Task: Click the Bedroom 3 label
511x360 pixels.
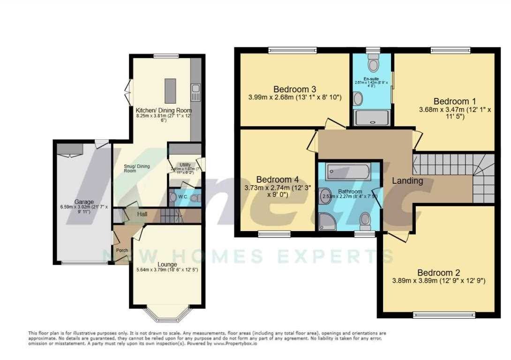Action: point(294,89)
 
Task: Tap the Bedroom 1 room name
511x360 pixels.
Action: point(451,101)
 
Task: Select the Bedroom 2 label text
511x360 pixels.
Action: point(439,273)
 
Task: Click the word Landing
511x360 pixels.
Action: point(407,180)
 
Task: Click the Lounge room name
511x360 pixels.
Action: point(167,265)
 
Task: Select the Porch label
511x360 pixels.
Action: point(122,250)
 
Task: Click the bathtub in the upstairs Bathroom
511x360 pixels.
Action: point(348,172)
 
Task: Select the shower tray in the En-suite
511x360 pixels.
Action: point(372,117)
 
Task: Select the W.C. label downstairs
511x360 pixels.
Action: point(182,197)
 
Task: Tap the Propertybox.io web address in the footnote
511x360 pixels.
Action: point(234,344)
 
